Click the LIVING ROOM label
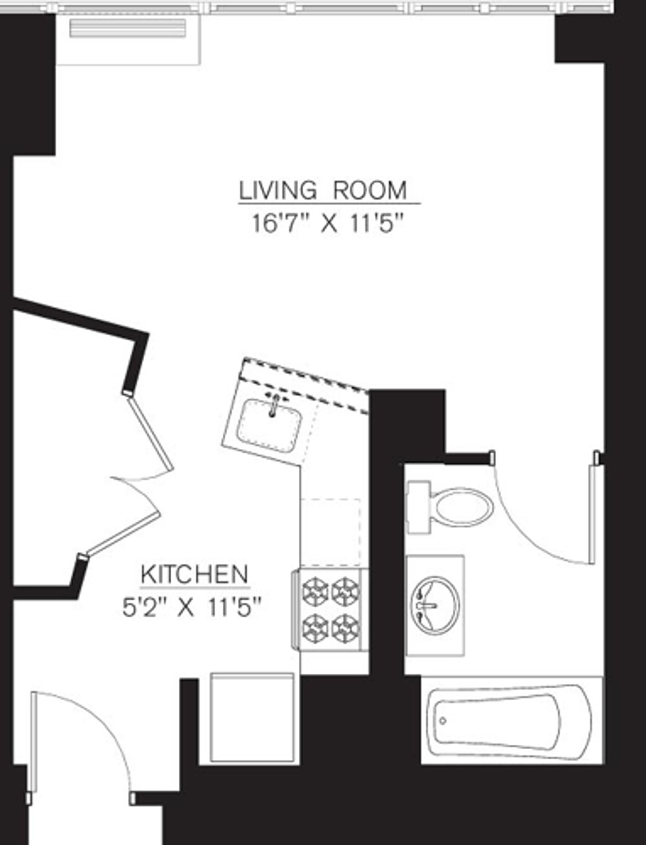(x=323, y=191)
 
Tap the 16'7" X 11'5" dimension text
(x=328, y=223)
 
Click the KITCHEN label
(x=194, y=575)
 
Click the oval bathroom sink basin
(x=435, y=604)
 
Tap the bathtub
(x=509, y=720)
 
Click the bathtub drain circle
(x=443, y=721)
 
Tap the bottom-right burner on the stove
(x=345, y=627)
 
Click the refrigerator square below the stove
(x=252, y=717)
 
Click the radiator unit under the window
(x=128, y=28)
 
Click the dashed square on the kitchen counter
(x=330, y=524)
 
